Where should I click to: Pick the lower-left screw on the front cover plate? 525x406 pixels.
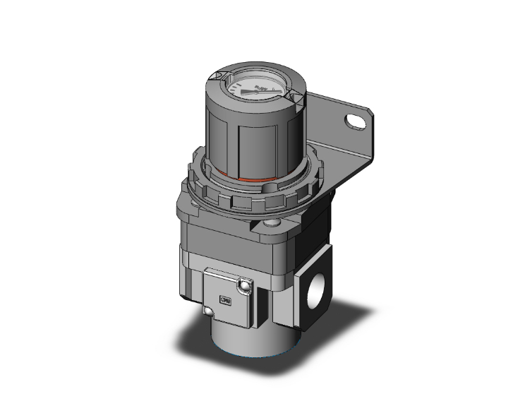coord(209,311)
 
